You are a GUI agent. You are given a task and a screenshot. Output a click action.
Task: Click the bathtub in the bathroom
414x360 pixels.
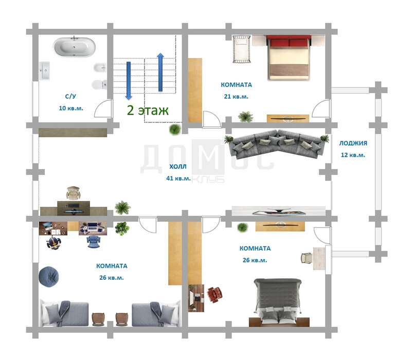[75, 47]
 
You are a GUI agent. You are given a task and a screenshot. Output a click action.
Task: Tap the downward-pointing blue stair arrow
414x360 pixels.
[129, 81]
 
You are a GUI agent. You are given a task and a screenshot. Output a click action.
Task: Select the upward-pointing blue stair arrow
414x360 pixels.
[160, 72]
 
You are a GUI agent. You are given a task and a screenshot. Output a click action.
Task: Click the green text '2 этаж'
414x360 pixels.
[148, 110]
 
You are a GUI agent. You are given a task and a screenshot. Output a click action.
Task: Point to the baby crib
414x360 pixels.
[241, 49]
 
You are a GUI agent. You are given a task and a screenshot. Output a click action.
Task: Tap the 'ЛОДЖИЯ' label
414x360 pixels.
[353, 143]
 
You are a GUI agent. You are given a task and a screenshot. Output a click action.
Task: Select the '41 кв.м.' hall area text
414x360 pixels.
[178, 178]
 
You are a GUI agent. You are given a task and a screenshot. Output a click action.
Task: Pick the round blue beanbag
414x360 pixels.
[48, 277]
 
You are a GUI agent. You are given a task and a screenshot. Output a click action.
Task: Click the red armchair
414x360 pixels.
[214, 294]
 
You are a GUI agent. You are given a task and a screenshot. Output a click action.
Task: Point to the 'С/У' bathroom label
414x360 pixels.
[70, 96]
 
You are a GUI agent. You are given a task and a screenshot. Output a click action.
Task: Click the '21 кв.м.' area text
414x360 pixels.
[236, 97]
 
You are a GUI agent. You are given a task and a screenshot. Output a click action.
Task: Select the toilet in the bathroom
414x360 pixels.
[99, 84]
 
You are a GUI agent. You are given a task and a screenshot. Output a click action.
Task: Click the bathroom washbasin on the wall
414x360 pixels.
[44, 71]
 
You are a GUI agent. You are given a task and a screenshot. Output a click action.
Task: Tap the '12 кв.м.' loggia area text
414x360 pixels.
[353, 155]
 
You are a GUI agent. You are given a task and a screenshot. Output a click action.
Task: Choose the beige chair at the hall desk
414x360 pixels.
[73, 193]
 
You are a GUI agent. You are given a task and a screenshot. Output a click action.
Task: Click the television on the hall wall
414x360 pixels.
[279, 211]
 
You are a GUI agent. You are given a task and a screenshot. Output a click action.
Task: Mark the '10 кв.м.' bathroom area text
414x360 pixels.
[71, 109]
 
